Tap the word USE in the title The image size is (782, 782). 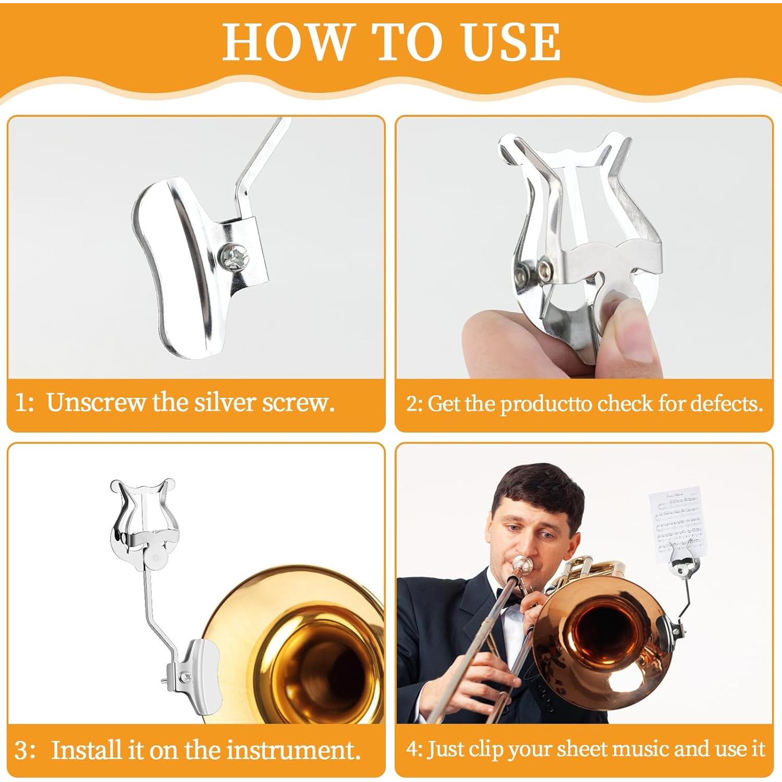pos(511,41)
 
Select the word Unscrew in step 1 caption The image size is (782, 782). pos(95,402)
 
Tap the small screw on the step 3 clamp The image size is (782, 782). pos(185,677)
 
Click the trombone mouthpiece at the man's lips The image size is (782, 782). pos(521,565)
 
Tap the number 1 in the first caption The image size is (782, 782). pos(20,403)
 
